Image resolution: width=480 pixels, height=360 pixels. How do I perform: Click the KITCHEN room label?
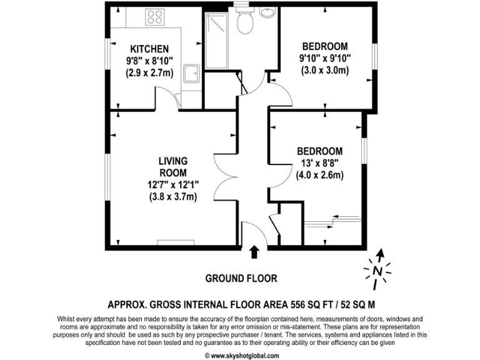[149, 49]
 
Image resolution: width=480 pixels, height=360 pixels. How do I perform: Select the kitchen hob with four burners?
[154, 17]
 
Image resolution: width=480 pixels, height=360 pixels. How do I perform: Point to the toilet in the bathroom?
[245, 22]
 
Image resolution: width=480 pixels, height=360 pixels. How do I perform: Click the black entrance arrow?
[254, 251]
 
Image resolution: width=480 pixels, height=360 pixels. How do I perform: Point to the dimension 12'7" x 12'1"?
[173, 185]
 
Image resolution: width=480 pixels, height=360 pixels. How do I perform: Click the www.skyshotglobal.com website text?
[241, 355]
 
